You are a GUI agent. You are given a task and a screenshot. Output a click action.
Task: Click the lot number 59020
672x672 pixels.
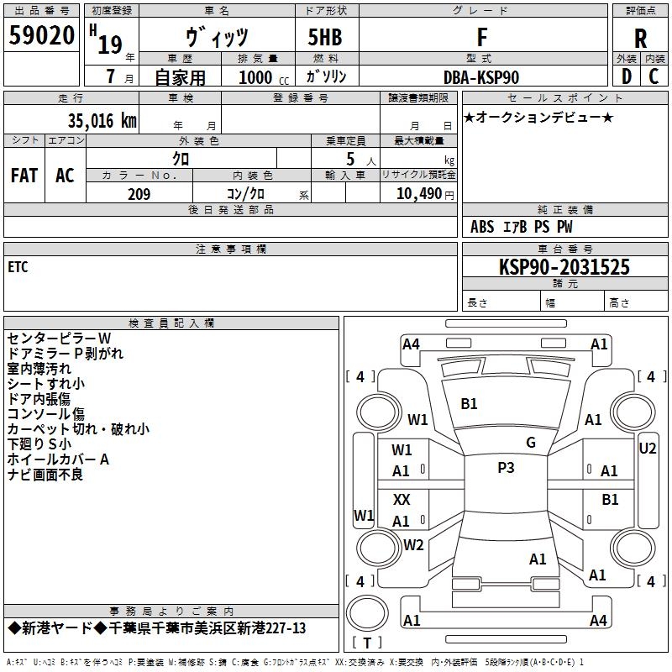41,35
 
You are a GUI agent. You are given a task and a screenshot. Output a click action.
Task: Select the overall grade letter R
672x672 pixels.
640,39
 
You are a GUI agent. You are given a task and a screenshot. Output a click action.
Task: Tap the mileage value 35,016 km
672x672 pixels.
102,120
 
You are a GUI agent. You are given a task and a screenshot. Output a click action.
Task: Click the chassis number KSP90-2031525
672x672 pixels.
564,267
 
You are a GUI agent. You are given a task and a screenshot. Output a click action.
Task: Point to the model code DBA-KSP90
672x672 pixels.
481,77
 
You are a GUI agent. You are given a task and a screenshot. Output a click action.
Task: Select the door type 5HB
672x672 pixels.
325,37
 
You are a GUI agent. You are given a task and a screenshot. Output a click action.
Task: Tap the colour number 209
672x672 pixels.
139,194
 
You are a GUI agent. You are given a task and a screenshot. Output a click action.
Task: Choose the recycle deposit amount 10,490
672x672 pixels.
418,194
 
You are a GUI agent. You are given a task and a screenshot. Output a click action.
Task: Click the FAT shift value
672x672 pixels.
24,176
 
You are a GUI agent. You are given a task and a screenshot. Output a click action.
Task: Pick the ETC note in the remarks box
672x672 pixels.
18,267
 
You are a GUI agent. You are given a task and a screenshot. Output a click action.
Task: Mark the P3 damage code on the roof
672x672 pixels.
506,468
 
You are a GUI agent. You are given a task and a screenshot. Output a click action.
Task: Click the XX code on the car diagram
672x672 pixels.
402,499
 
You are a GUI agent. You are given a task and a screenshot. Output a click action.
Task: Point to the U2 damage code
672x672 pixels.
647,449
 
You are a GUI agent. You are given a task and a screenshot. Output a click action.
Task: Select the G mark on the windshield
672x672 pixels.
531,443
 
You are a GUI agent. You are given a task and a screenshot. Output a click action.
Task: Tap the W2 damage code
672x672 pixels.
413,544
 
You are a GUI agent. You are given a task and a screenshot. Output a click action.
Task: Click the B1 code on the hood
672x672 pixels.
469,404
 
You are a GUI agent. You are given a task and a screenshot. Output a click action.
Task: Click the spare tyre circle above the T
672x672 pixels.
367,613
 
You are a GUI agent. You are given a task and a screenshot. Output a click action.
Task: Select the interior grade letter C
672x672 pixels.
654,76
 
